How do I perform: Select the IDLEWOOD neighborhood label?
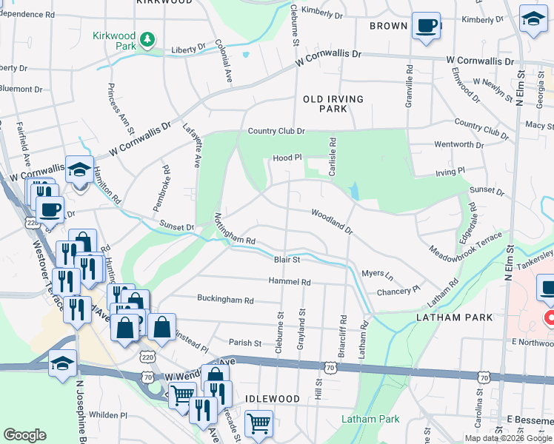[x=273, y=399]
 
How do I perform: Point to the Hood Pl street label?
[x=287, y=158]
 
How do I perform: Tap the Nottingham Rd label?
[x=234, y=231]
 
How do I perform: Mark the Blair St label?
[x=287, y=260]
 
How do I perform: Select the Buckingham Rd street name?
[x=225, y=300]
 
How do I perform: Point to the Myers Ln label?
[x=377, y=273]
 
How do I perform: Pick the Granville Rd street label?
[x=408, y=86]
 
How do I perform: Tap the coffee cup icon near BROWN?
[x=426, y=26]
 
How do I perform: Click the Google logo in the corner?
[x=25, y=435]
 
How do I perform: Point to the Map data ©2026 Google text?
[x=507, y=438]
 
